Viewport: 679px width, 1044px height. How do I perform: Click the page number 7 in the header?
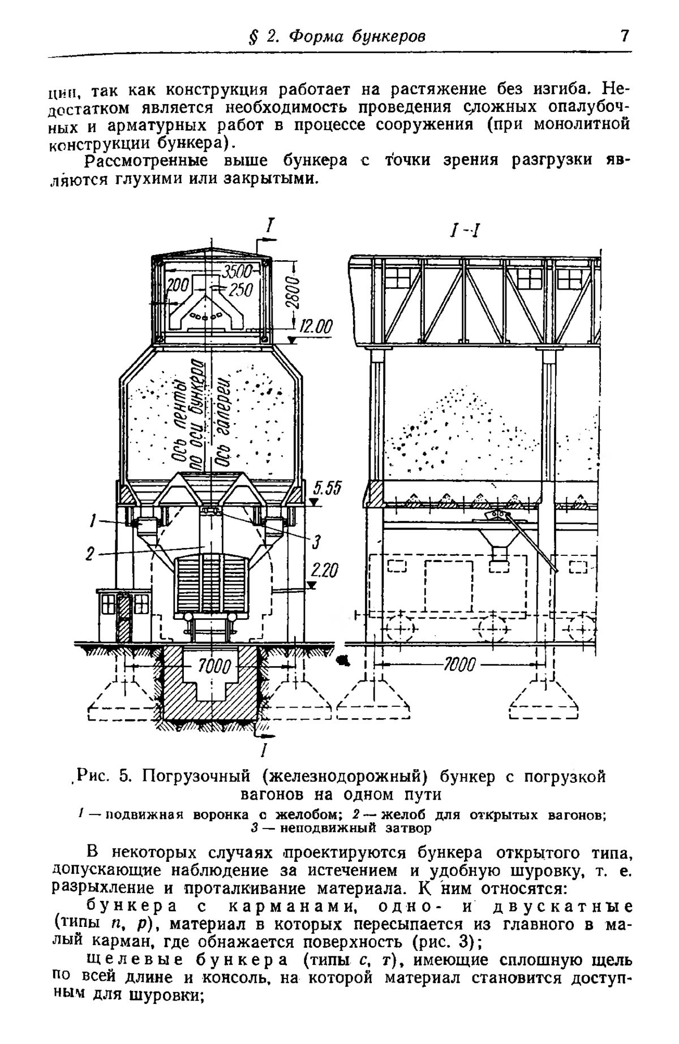tap(625, 37)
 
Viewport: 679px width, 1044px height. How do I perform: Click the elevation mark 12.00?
tap(315, 328)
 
